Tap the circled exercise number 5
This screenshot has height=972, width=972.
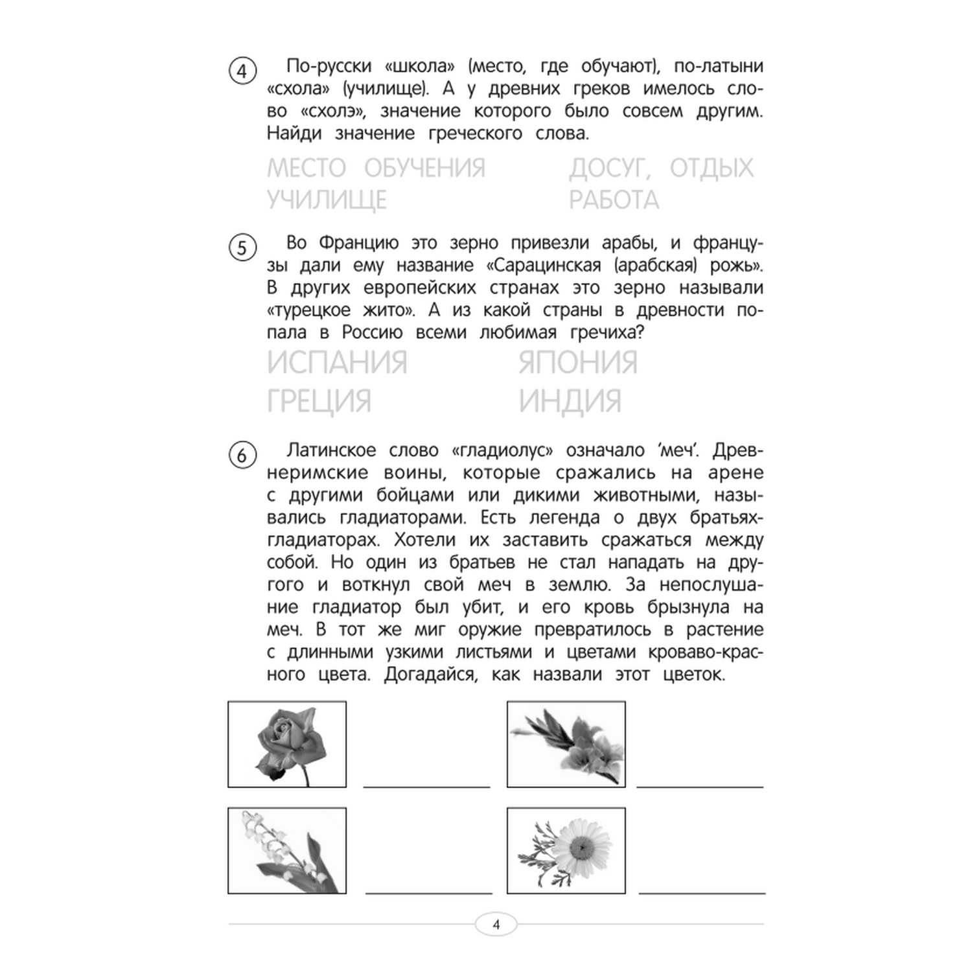point(242,248)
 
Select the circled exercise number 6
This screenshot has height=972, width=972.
point(242,455)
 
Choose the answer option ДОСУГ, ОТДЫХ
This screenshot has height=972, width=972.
point(661,168)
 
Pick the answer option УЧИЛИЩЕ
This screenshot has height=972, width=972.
point(327,200)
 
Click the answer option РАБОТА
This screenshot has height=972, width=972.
point(614,200)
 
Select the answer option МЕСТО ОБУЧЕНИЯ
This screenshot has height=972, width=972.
point(376,168)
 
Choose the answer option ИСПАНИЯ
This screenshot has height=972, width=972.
point(337,362)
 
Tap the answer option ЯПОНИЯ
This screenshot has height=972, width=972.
point(578,362)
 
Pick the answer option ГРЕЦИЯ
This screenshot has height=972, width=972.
point(319,401)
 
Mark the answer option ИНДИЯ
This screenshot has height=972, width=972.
point(570,401)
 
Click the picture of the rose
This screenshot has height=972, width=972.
point(287,744)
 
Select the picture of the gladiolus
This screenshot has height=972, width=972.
point(566,744)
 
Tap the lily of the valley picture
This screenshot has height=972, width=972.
point(287,850)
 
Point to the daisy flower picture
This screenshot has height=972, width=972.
point(566,850)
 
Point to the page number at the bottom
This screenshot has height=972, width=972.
point(496,925)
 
